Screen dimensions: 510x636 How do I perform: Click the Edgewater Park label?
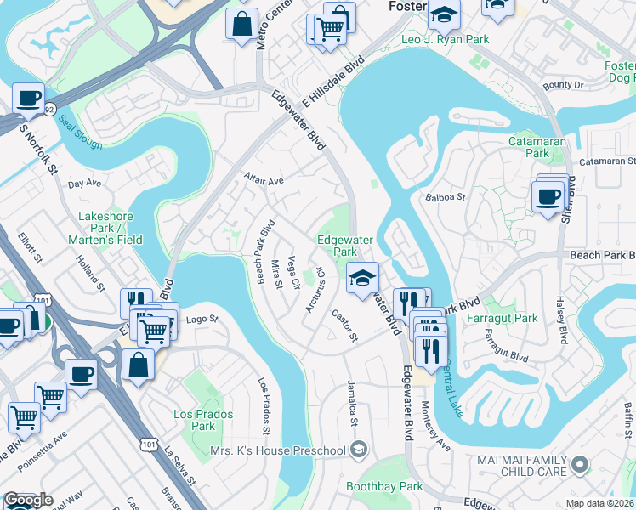[x=337, y=246]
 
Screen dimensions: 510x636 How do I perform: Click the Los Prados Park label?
[x=193, y=419]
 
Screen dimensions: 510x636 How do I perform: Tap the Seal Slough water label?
[x=81, y=131]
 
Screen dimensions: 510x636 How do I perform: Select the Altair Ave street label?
[x=264, y=181]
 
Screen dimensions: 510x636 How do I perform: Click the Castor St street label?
[x=344, y=326]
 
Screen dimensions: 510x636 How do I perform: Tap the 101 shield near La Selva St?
[x=150, y=444]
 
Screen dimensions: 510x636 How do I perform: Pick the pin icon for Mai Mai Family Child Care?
[x=581, y=464]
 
